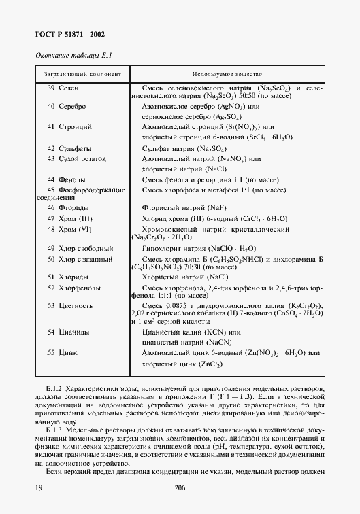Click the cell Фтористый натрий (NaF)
tap(180, 208)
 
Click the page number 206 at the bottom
tap(180, 488)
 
